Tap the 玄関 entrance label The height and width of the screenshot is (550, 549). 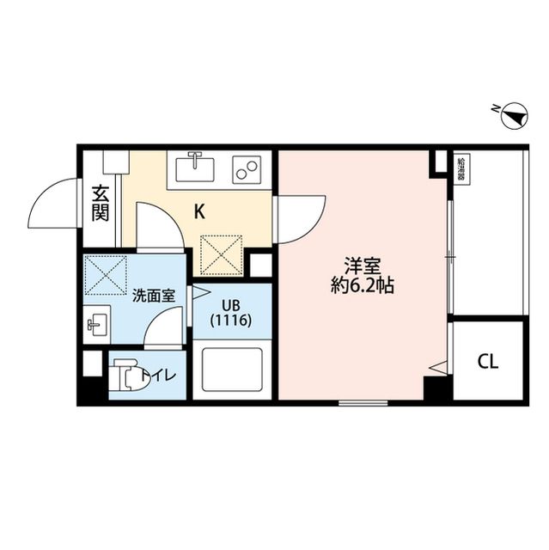click(100, 203)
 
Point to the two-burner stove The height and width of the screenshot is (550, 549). click(247, 168)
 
